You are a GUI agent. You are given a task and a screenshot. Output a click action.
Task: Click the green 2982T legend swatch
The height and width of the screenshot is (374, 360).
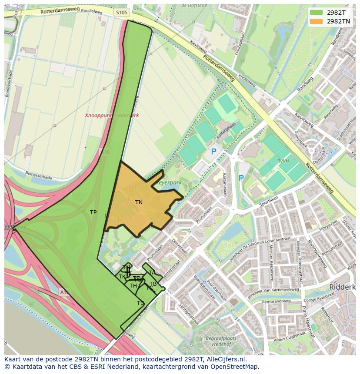click(316, 12)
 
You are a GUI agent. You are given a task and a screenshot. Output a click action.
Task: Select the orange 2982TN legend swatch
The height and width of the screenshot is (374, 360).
click(316, 21)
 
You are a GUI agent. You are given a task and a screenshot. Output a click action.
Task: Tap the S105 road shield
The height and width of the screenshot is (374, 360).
click(122, 13)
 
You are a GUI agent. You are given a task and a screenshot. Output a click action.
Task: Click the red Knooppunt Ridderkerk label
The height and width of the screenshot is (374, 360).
click(112, 116)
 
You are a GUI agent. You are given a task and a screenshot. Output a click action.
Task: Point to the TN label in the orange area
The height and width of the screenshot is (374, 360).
click(139, 202)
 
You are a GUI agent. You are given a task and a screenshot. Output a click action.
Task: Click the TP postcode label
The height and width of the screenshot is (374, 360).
click(93, 212)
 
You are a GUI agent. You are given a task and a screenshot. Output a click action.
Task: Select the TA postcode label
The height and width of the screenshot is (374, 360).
click(152, 273)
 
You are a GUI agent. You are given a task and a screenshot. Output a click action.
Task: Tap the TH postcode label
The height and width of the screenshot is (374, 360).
click(133, 286)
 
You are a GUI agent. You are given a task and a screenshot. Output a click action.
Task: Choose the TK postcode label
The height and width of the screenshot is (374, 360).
click(122, 277)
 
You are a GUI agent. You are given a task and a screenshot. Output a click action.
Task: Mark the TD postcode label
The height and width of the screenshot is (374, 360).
click(140, 303)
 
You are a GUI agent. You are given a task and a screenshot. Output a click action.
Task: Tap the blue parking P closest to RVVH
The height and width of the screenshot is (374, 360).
click(241, 178)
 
